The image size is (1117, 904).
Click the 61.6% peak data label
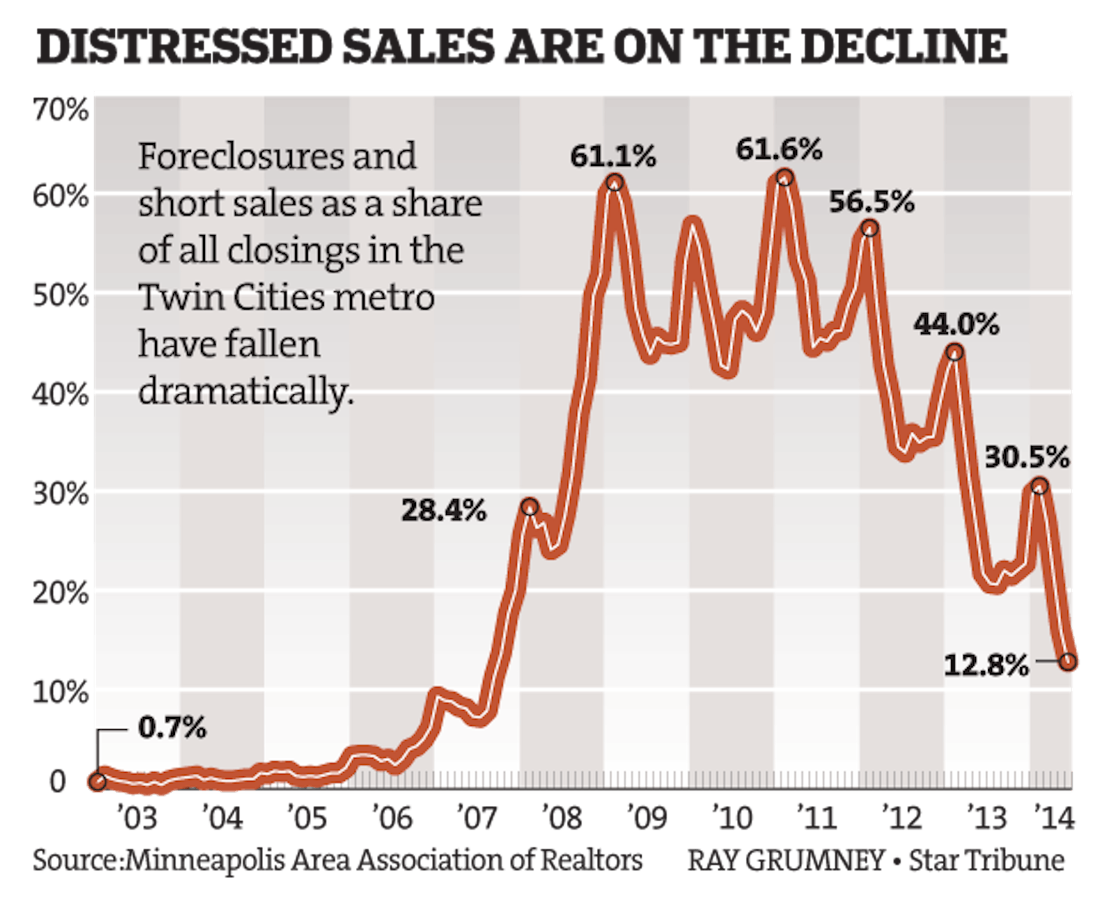(779, 150)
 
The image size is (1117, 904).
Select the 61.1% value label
(613, 156)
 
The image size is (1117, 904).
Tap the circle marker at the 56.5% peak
(869, 228)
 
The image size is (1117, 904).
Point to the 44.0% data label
(956, 325)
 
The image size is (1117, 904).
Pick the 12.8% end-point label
(986, 665)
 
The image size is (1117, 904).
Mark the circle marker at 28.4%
(530, 507)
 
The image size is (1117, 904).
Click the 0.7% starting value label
(172, 727)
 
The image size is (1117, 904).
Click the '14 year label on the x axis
(1054, 818)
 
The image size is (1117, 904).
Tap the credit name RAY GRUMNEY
(786, 860)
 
